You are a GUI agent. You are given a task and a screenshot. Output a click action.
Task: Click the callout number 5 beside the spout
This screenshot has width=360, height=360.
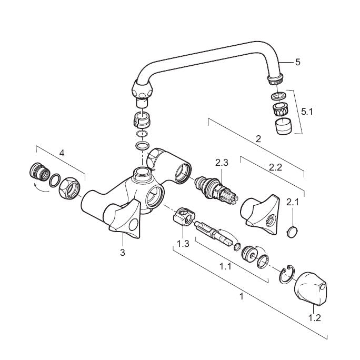pyautogui.click(x=298, y=62)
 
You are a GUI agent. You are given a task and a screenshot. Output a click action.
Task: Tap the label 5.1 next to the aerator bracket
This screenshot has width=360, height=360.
pyautogui.click(x=307, y=112)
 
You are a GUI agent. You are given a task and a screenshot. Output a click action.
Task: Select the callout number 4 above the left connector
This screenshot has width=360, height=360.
pyautogui.click(x=62, y=153)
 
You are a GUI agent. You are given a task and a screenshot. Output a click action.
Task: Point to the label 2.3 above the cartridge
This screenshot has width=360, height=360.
pyautogui.click(x=222, y=163)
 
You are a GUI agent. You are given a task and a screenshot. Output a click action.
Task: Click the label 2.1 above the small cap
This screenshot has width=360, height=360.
pyautogui.click(x=293, y=202)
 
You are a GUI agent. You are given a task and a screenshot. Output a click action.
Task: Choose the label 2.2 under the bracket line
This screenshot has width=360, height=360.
pyautogui.click(x=275, y=167)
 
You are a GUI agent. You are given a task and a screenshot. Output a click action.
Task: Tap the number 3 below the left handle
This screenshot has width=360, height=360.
pyautogui.click(x=123, y=252)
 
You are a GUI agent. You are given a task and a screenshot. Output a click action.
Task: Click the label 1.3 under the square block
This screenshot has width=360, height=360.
pyautogui.click(x=183, y=244)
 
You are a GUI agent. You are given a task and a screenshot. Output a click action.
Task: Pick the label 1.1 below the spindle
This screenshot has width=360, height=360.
pyautogui.click(x=225, y=266)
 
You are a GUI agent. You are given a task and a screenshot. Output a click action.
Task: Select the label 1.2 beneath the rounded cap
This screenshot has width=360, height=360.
pyautogui.click(x=314, y=318)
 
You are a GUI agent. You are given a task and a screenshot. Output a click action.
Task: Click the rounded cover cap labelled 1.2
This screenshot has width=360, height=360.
pyautogui.click(x=310, y=288)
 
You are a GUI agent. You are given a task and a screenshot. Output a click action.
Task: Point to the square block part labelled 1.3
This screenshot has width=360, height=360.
pyautogui.click(x=184, y=216)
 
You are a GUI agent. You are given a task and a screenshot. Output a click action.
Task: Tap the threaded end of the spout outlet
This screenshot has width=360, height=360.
pyautogui.click(x=275, y=79)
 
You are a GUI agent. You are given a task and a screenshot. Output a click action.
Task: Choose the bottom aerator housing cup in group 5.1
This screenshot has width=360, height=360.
pyautogui.click(x=283, y=126)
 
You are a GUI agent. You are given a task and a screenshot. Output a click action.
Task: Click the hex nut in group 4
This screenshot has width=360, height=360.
pyautogui.click(x=69, y=189)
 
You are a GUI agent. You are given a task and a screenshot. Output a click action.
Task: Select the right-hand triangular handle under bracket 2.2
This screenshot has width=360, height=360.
pyautogui.click(x=261, y=214)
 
